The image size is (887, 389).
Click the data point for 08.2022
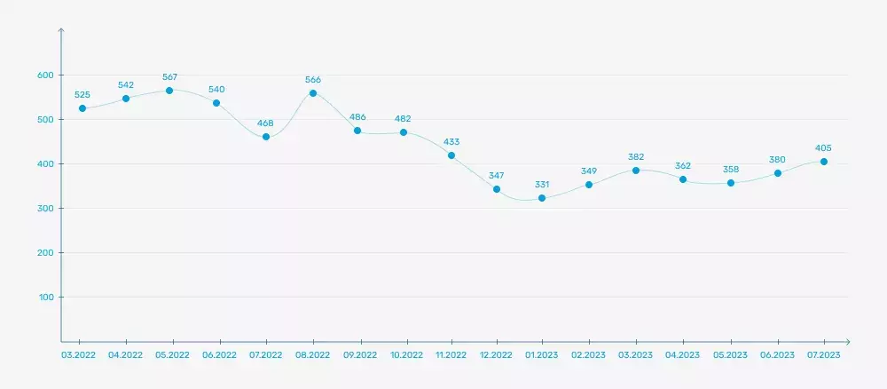(x=313, y=93)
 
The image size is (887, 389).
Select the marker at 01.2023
(x=541, y=198)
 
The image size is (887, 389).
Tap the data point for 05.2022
(x=169, y=91)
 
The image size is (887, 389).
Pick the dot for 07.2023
(x=824, y=162)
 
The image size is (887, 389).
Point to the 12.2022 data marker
(x=497, y=189)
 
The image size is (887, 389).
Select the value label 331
(x=542, y=184)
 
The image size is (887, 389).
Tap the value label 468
(x=266, y=123)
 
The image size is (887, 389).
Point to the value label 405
(x=824, y=147)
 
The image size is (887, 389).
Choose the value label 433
(x=451, y=140)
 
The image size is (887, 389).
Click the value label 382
(x=635, y=155)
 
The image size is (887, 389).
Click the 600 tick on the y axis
(x=45, y=75)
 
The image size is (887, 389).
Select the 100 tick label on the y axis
(x=46, y=298)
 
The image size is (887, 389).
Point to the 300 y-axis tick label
(x=45, y=209)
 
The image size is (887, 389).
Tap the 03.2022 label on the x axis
(x=79, y=354)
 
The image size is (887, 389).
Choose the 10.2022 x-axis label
(x=406, y=354)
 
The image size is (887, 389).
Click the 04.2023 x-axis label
(x=683, y=354)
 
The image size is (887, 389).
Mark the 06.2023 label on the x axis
(x=777, y=354)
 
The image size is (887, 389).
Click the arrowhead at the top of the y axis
(x=61, y=31)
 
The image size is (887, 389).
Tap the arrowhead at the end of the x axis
(x=847, y=341)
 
